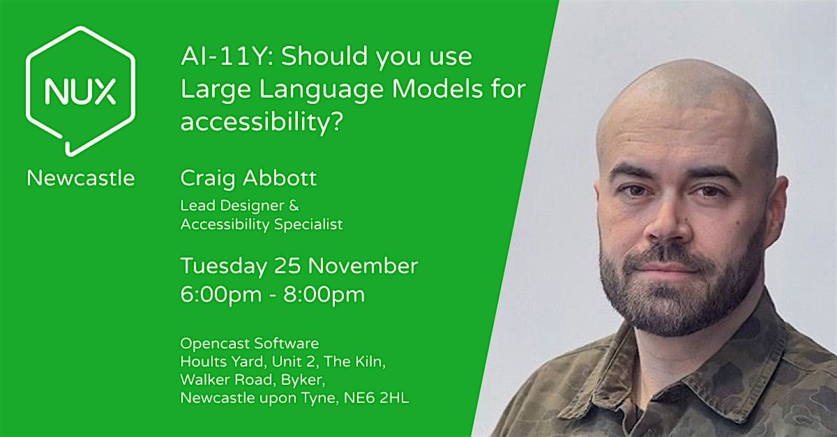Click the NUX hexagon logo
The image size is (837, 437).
(x=80, y=91)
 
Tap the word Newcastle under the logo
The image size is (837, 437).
(x=81, y=178)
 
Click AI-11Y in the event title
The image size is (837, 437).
(x=218, y=56)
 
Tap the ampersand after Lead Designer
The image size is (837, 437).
(x=294, y=206)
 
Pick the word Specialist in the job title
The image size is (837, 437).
(x=310, y=224)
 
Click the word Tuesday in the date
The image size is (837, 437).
(x=223, y=266)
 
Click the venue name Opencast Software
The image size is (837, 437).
(x=249, y=344)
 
